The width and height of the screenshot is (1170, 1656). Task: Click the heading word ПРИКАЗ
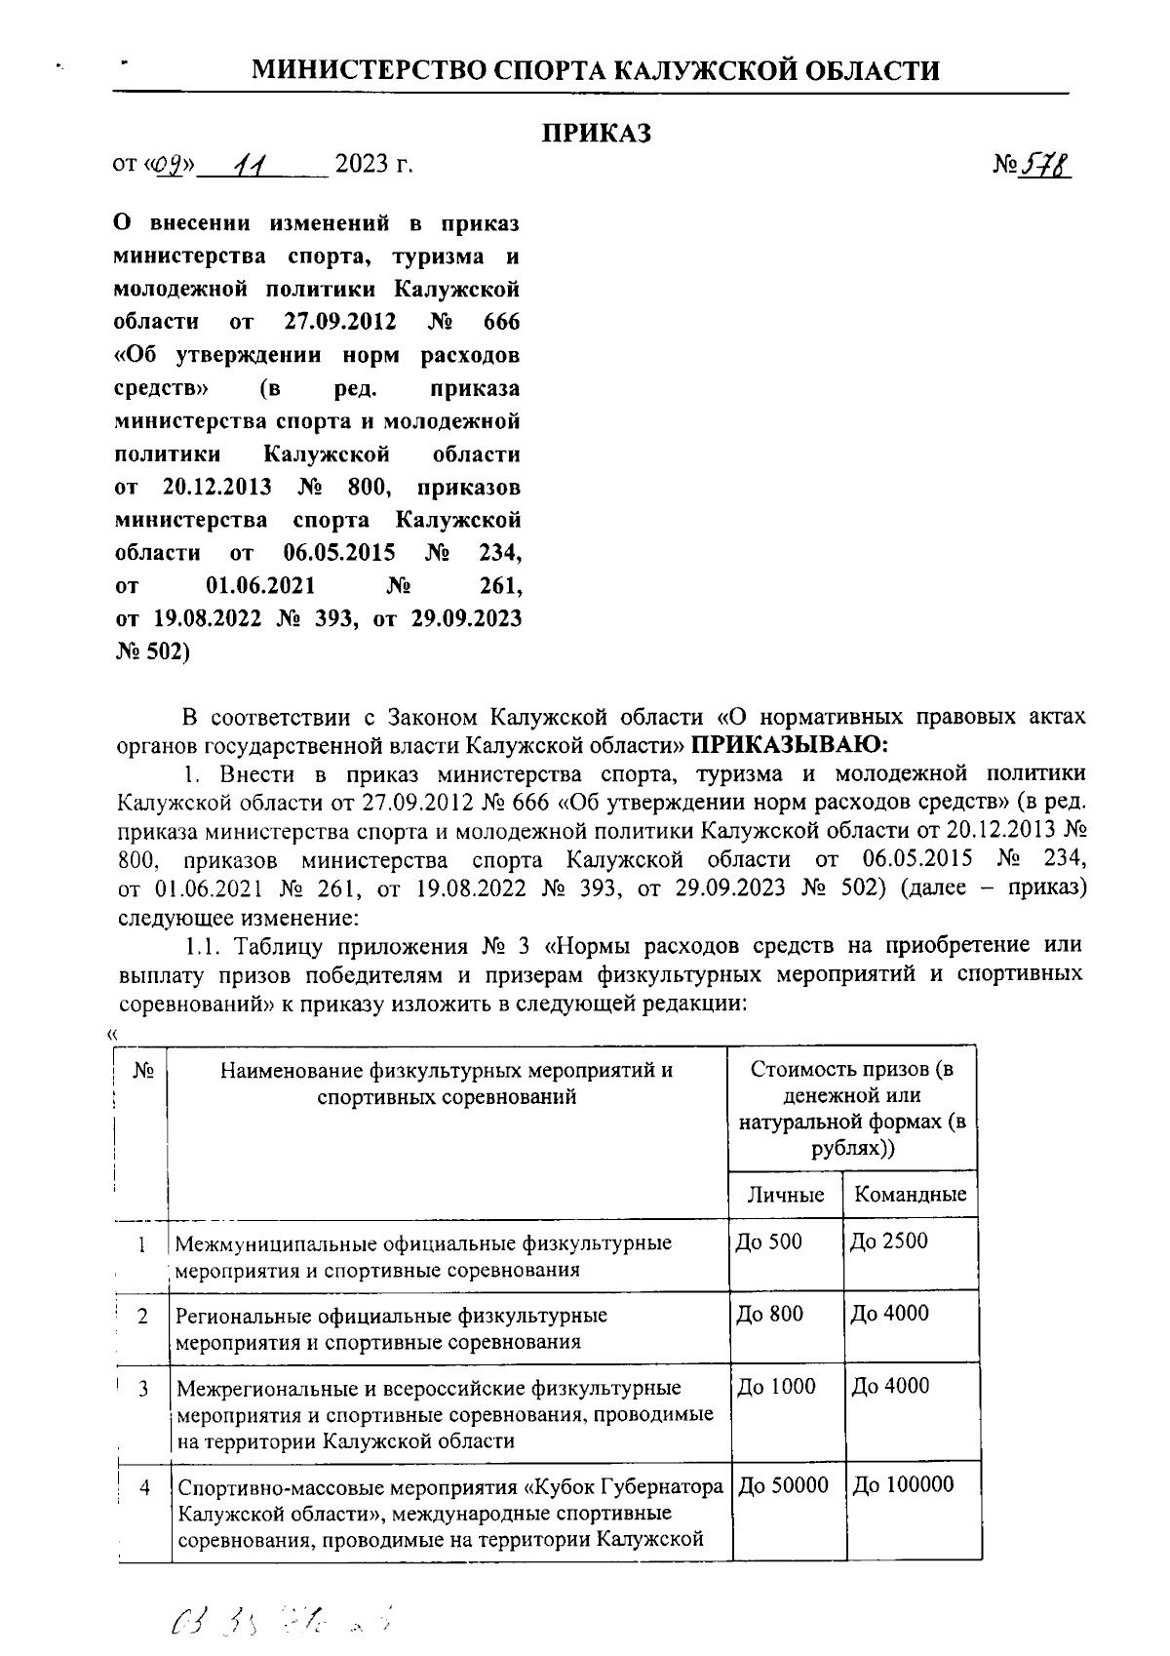click(x=597, y=134)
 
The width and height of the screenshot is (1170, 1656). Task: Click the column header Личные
click(x=785, y=1195)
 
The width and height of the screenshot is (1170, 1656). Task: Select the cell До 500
click(x=770, y=1242)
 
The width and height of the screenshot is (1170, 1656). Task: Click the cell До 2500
click(x=889, y=1242)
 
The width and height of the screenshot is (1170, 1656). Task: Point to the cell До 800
click(x=770, y=1314)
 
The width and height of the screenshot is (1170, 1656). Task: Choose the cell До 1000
click(x=776, y=1386)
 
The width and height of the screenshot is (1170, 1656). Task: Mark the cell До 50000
click(x=783, y=1485)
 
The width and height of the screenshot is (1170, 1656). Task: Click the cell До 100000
click(x=903, y=1485)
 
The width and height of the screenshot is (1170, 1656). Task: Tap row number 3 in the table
click(x=143, y=1388)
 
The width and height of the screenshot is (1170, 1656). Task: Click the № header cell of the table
click(x=143, y=1070)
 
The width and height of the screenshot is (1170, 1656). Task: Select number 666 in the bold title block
click(x=501, y=322)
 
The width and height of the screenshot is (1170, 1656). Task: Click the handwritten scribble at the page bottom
click(x=283, y=1620)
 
